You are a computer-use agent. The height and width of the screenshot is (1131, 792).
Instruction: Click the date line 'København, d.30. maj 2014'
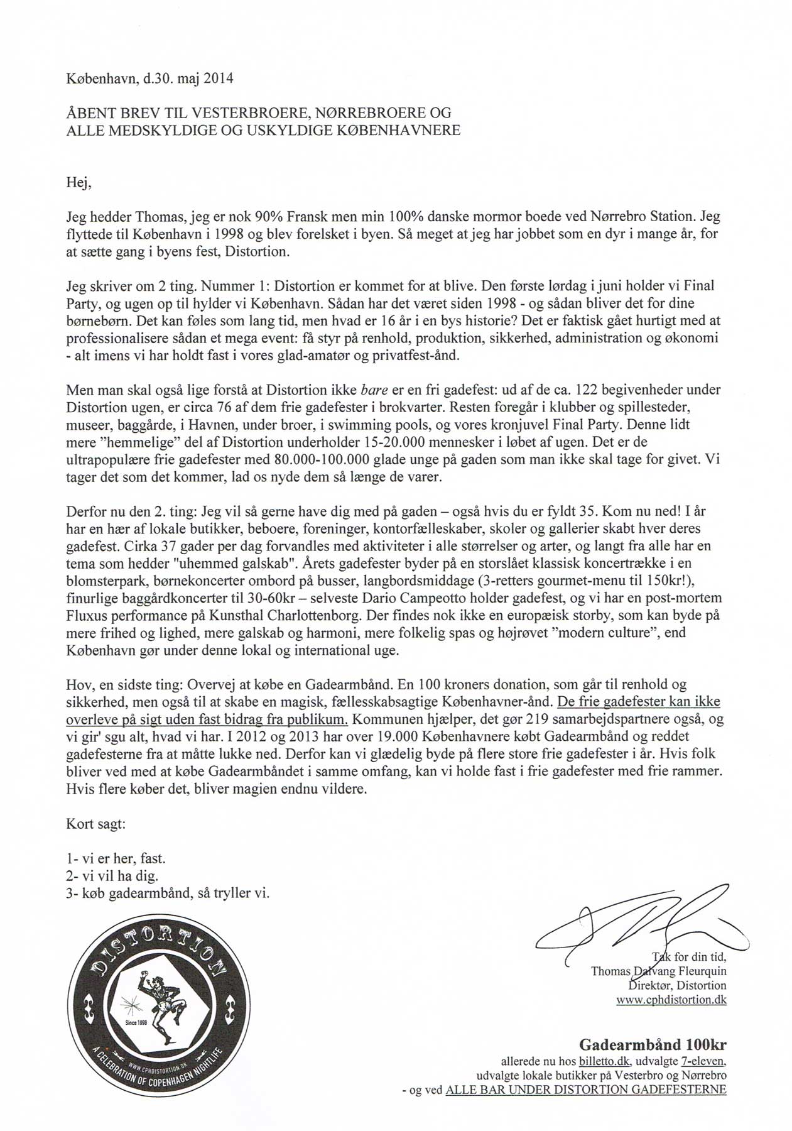[149, 79]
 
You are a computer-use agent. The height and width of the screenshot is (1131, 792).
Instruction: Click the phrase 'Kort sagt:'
[96, 824]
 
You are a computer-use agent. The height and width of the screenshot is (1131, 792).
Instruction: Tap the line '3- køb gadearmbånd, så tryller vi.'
[168, 893]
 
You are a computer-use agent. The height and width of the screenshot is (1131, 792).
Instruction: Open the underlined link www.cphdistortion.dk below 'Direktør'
[671, 1000]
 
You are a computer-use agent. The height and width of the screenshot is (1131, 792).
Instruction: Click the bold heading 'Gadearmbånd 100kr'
[653, 1046]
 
